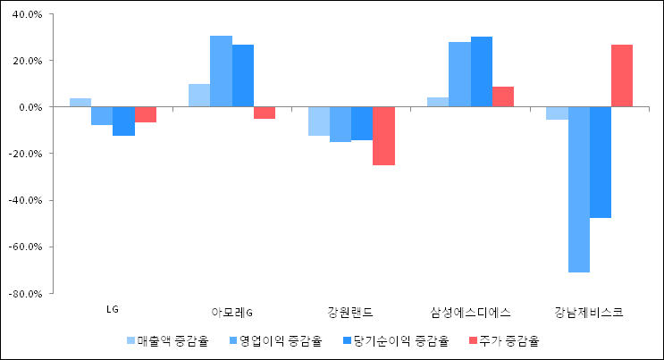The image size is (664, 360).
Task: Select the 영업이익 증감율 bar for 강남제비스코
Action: [x=578, y=189]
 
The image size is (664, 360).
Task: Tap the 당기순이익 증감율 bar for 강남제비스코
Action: [x=601, y=163]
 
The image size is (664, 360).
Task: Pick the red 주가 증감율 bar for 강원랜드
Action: [x=383, y=136]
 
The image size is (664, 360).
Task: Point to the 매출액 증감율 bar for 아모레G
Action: [x=199, y=96]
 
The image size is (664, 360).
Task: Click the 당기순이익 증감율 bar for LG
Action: [x=123, y=121]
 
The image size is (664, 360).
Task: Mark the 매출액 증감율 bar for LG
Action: [x=80, y=103]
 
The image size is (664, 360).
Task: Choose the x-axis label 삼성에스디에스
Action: [x=469, y=313]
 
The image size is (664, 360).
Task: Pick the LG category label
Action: [x=113, y=310]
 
